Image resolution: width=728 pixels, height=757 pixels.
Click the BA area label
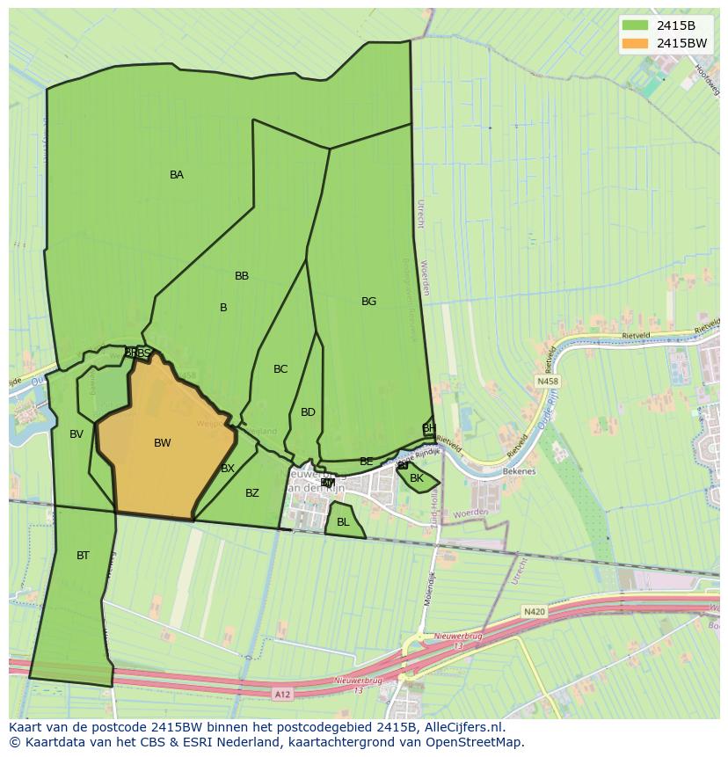[177, 175]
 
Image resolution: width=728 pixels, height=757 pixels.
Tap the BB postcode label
[242, 276]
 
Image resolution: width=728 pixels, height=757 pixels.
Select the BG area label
[368, 302]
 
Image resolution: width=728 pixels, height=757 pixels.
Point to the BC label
[280, 369]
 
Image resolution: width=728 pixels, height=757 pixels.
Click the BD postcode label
[308, 412]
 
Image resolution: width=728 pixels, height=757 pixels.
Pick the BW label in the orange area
[163, 443]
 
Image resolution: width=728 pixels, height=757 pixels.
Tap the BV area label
[76, 434]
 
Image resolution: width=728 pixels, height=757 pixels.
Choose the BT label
[83, 556]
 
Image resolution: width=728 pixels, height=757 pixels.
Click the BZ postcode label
[252, 493]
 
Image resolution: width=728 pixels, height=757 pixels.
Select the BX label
[228, 469]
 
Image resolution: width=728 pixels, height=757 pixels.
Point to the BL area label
[343, 522]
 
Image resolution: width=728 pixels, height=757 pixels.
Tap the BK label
[417, 479]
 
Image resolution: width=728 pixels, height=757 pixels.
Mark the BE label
[367, 462]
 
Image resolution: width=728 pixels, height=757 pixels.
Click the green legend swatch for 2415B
[634, 25]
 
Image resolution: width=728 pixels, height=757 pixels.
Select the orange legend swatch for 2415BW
[634, 43]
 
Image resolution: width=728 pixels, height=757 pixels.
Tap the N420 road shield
[534, 611]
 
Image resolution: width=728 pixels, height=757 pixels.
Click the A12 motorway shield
[281, 695]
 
